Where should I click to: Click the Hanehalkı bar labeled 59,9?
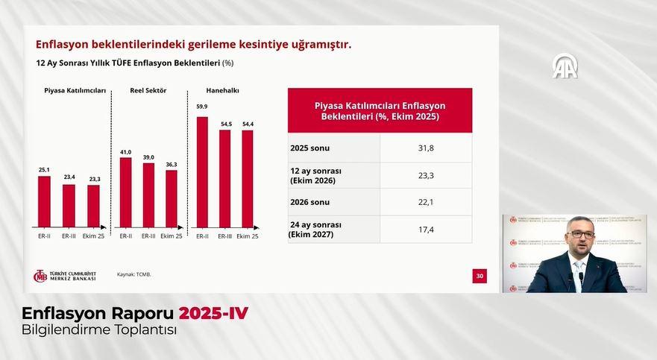coord(202,171)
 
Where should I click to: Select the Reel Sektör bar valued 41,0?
coord(125,192)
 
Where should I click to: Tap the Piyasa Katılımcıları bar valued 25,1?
coord(45,201)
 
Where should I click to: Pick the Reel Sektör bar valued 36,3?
coord(172,198)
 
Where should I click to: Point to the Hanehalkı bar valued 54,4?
coord(247,179)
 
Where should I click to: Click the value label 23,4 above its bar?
coord(69,177)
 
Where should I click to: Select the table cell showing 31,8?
coord(426,148)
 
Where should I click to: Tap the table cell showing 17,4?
coord(426,229)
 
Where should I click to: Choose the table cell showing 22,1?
coord(426,202)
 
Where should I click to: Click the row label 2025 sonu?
coord(310,148)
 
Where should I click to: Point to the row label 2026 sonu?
coord(310,202)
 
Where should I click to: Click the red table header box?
coord(380,110)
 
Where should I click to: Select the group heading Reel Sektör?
coord(148,91)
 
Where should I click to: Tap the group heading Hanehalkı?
coord(222,91)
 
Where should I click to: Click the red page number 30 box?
coord(480,276)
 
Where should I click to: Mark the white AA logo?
coord(565,67)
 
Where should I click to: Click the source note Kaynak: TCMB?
coord(134,274)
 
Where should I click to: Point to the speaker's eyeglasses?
coord(579,234)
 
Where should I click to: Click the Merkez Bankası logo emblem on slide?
coord(40,276)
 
